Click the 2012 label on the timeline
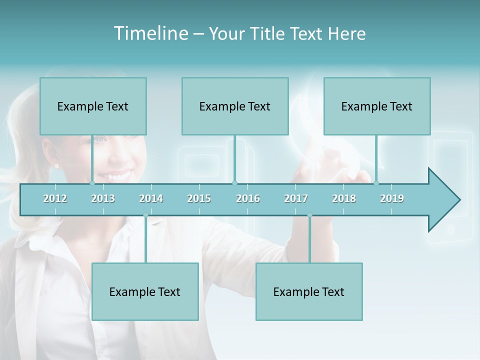point(55,198)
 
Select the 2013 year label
point(103,198)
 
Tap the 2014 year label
point(151,198)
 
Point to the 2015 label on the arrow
point(199,198)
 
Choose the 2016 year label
point(248,198)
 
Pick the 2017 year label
point(296,198)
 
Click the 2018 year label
point(344,198)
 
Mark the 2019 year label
point(392,198)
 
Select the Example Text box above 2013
point(93,106)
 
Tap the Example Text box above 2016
point(235,106)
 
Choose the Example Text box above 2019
point(377,106)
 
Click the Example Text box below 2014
point(145,292)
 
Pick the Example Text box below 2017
point(309,292)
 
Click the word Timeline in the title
point(150,33)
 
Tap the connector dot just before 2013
point(92,183)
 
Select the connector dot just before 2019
point(376,183)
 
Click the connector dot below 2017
point(309,215)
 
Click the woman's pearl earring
point(56,165)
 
